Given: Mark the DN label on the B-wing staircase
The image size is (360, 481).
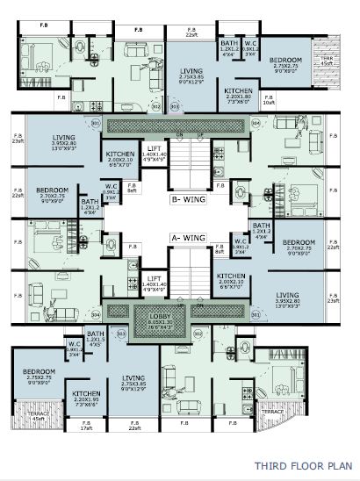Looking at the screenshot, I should coord(178,134).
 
